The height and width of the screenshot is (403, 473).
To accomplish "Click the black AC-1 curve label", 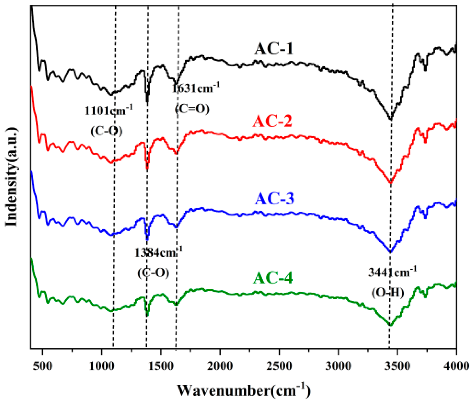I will click(x=273, y=49).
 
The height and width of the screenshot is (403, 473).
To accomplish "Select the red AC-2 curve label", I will click(x=272, y=121).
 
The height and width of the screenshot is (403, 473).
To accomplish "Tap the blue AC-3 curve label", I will click(x=274, y=199).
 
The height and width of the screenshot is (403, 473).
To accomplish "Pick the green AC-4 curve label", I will click(x=273, y=278).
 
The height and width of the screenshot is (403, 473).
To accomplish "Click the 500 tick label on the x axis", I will click(x=42, y=366).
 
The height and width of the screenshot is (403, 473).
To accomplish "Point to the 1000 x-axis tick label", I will click(x=102, y=366).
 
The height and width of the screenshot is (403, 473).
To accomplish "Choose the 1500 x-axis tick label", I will click(x=161, y=366).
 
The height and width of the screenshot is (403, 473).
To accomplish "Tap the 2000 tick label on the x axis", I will click(x=220, y=366).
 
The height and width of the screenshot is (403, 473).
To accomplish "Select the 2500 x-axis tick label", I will click(x=279, y=366).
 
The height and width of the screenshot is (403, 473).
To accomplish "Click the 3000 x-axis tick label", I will click(x=338, y=366).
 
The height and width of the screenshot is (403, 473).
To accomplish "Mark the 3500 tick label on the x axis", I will click(x=397, y=366).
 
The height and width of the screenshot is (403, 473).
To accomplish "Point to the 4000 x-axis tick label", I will click(x=456, y=366).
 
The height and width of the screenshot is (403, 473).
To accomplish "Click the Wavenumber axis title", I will click(x=244, y=390).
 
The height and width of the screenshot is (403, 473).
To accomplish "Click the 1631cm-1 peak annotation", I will click(x=196, y=89).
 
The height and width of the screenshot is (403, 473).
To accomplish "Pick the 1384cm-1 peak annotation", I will click(x=158, y=252).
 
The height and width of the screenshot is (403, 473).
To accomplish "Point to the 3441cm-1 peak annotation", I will click(x=392, y=272).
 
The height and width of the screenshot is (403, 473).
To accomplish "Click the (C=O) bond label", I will click(x=192, y=109).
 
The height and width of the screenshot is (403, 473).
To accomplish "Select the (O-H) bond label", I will click(x=388, y=292).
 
